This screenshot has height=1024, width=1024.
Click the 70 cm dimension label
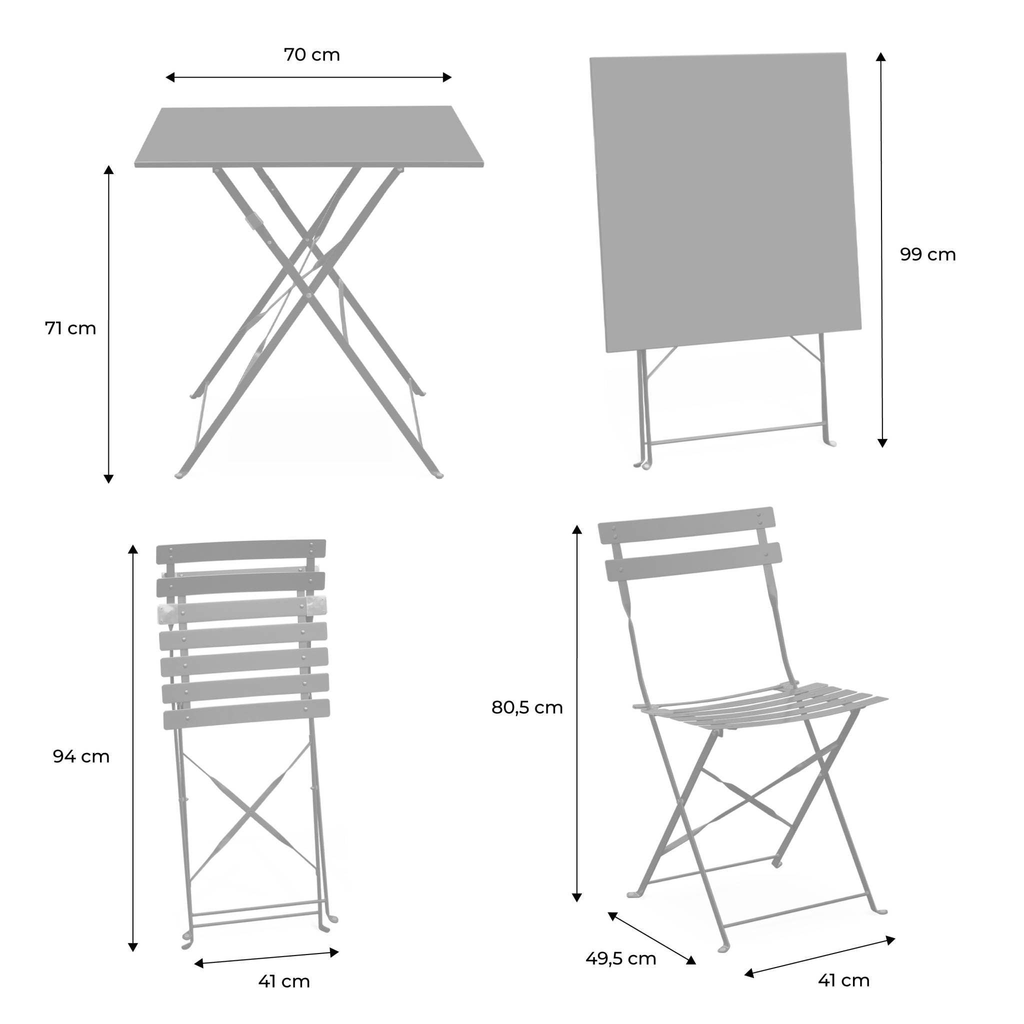(311, 55)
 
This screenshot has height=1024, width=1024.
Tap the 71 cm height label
(70, 328)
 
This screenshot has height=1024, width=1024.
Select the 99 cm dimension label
(927, 255)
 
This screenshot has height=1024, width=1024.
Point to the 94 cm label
(81, 756)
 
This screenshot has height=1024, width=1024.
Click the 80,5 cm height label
(527, 707)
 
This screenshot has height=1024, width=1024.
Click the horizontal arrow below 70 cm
(308, 77)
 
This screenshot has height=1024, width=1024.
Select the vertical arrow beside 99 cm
(881, 249)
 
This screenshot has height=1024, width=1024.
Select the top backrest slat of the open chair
(686, 524)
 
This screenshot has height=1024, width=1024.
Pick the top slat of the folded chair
(241, 551)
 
